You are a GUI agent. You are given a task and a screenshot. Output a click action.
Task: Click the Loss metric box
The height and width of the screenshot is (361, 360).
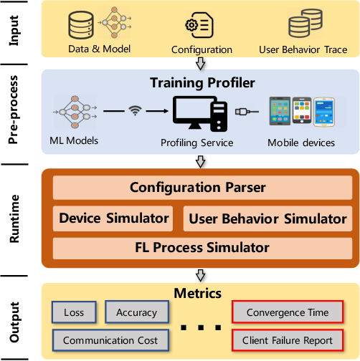[74, 312]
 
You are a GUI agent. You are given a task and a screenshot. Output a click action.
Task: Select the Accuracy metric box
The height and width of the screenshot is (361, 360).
[136, 312]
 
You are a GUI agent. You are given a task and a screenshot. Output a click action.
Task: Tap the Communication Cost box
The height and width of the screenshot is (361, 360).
[110, 340]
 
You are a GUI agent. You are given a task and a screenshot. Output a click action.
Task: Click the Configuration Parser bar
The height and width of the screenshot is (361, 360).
[197, 188]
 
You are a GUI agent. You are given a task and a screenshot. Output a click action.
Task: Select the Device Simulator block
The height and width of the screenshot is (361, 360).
[114, 218]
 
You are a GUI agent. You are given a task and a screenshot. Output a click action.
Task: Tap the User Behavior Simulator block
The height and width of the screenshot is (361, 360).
[267, 218]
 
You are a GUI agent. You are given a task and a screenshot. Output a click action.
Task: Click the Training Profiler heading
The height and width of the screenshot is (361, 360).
[202, 83]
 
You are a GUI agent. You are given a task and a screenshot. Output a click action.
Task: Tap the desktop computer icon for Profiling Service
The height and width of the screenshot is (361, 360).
[199, 113]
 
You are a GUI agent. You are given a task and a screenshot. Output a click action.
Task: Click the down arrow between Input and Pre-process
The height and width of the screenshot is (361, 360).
[201, 63]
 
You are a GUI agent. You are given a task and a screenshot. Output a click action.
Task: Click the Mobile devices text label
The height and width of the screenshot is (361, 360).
[301, 143]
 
